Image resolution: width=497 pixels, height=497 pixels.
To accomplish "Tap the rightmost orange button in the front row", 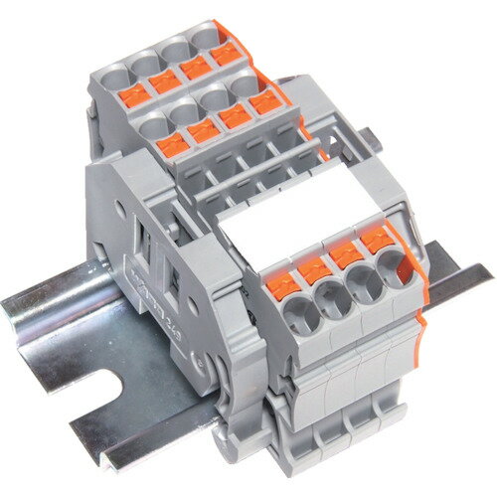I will [x=376, y=239].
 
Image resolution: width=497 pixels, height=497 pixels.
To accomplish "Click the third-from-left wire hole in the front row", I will [x=363, y=281].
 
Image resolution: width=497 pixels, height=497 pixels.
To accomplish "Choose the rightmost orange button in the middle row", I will [x=263, y=102].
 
